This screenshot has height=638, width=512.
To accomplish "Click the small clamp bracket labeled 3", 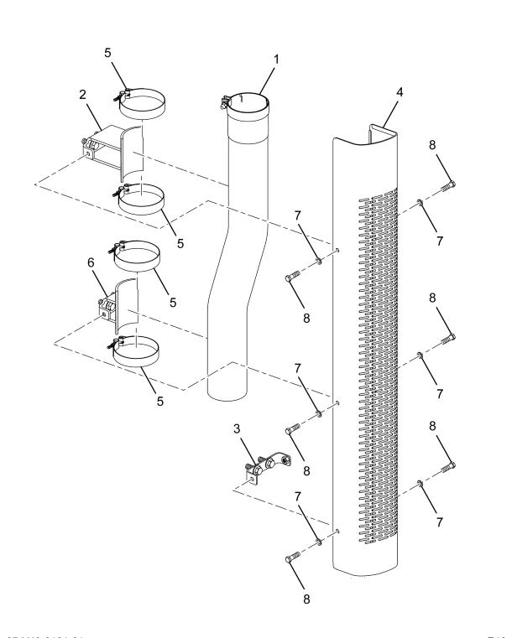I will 269,464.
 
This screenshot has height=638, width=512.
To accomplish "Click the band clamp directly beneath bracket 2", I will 139,200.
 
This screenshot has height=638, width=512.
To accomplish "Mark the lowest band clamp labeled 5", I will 137,351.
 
